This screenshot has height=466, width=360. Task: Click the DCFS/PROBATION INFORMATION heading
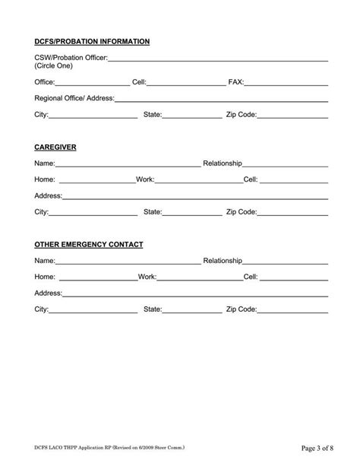pos(92,41)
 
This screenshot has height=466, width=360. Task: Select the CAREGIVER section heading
pos(55,146)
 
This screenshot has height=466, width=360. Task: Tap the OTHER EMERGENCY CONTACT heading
pos(89,245)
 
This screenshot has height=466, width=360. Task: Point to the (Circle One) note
pos(54,67)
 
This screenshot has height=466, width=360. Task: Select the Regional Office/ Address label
pos(74,98)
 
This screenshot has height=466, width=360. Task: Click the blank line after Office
pos(92,83)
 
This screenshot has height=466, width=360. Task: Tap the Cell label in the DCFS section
pos(139,81)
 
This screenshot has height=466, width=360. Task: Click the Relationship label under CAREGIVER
pos(223,163)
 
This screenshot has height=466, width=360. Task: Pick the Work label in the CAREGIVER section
pos(145,179)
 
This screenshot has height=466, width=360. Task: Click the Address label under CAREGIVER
pos(48,195)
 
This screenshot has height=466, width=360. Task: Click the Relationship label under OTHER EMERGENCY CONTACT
pos(223,262)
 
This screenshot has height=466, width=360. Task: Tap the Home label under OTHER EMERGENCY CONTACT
pos(45,277)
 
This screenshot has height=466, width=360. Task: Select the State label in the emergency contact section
pos(153,309)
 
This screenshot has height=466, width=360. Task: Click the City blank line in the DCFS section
pos(93,116)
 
